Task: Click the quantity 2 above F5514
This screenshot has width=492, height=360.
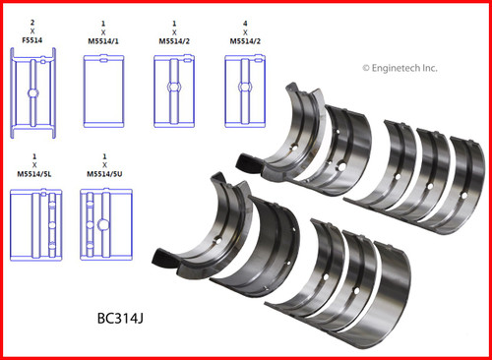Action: point(32,20)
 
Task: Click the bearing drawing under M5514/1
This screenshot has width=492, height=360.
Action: point(103,87)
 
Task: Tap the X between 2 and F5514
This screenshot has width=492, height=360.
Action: point(32,31)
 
